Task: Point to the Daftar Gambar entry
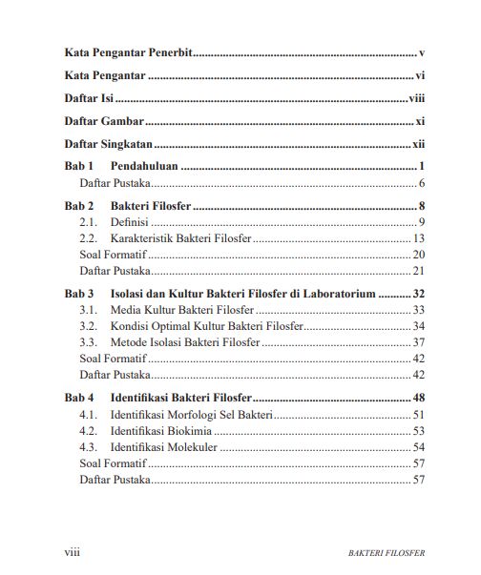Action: (x=104, y=122)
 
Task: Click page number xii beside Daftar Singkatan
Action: (x=418, y=146)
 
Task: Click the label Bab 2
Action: (x=79, y=206)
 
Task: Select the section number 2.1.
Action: (x=89, y=222)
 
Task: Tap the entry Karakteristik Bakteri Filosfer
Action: (x=180, y=238)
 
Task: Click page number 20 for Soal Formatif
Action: (x=418, y=255)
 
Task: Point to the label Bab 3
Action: (x=79, y=295)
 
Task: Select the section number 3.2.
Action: (x=89, y=326)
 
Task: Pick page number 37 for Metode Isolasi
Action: (x=418, y=342)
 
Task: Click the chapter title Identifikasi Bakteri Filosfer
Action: (x=181, y=397)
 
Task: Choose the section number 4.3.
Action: (x=89, y=447)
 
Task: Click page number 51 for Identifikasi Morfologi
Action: (x=418, y=415)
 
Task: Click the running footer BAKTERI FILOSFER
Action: (x=387, y=553)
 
